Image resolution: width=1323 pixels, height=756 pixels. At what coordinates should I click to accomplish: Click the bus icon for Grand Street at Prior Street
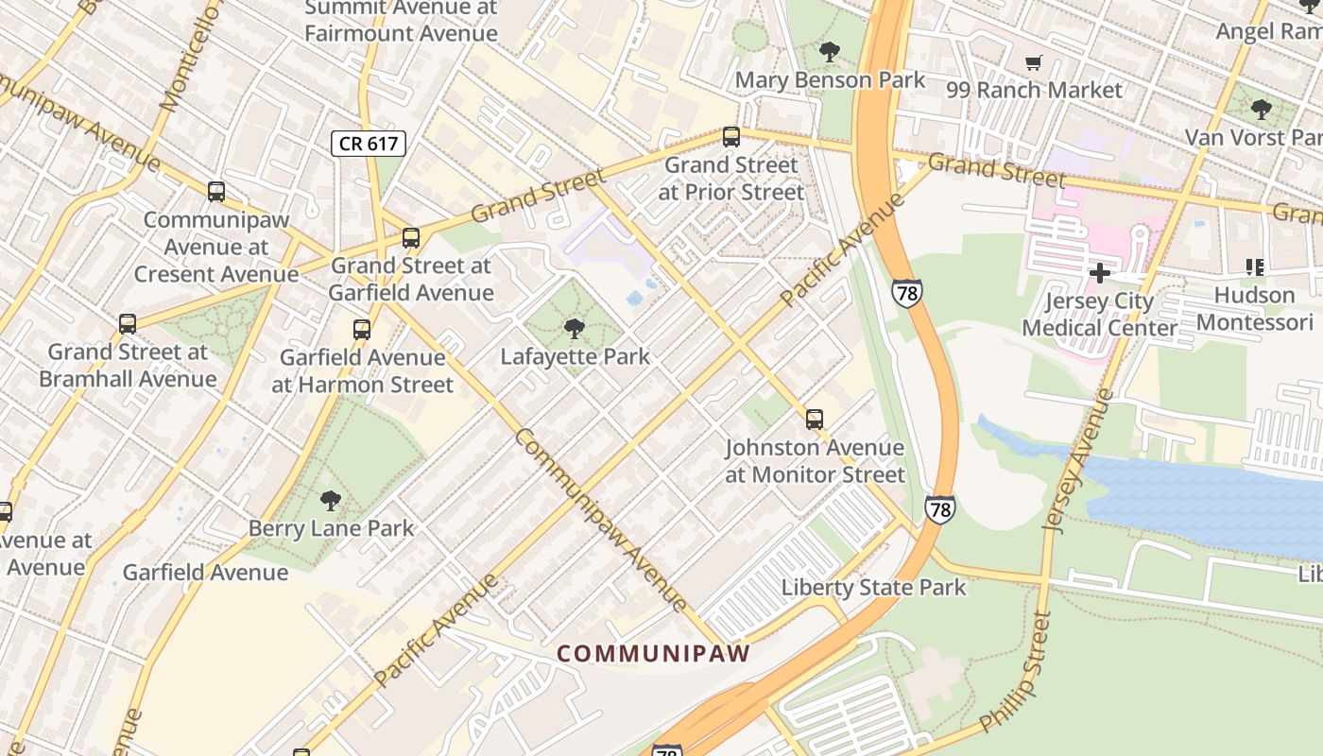[730, 137]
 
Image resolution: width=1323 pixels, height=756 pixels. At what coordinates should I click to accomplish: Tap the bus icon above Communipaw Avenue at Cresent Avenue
[216, 192]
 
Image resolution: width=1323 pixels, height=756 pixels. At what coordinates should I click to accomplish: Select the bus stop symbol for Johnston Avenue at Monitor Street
[814, 419]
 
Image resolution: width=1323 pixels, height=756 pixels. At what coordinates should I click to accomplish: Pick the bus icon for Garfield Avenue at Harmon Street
[362, 330]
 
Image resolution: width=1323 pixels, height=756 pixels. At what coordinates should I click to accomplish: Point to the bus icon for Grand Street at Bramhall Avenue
[128, 324]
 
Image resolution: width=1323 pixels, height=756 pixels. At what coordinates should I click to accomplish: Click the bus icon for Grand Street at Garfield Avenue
[410, 238]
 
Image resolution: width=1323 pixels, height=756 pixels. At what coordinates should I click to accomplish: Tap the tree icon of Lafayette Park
[574, 329]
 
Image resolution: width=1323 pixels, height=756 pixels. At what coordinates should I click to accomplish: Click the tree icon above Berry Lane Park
[330, 500]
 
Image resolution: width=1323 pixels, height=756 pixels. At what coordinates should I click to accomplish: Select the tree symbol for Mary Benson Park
[830, 52]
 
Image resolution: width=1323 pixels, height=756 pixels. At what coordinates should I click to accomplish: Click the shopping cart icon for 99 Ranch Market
[1034, 63]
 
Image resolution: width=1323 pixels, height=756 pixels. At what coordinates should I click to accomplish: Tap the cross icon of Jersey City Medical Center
[1100, 274]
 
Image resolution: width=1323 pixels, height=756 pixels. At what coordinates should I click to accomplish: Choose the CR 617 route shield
[369, 144]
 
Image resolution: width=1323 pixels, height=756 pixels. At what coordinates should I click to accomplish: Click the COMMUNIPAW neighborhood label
[653, 653]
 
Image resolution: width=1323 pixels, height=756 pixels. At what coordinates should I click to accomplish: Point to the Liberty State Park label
[873, 588]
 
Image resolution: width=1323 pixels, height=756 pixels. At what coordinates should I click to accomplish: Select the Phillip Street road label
[1016, 672]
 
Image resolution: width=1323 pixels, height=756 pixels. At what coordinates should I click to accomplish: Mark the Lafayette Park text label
[576, 357]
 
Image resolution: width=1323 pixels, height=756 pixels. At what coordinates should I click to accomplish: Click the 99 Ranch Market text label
[1034, 91]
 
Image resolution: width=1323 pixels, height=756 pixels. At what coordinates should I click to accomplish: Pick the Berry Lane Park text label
[331, 528]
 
